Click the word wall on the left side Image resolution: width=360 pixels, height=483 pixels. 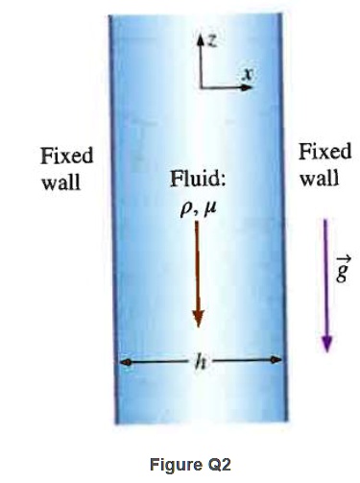point(60,181)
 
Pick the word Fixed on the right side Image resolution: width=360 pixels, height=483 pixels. point(325,152)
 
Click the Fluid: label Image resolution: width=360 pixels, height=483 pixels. point(198,181)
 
